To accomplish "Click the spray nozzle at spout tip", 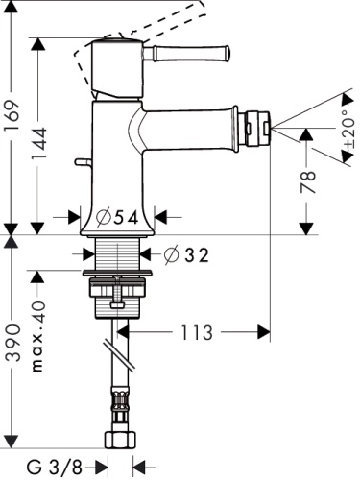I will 258,126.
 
